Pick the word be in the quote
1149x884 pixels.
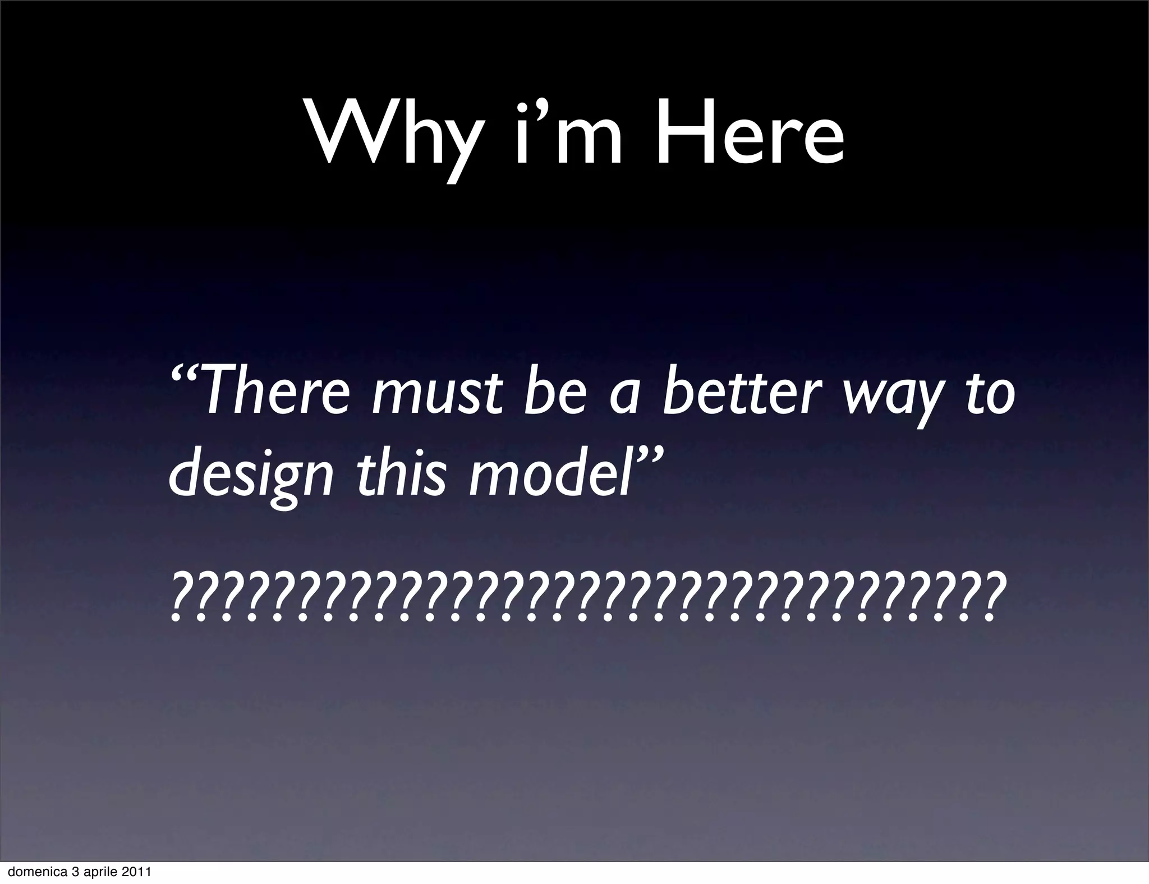coord(556,390)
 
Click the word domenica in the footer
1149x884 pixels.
coord(27,873)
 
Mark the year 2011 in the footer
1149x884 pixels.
coord(136,873)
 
